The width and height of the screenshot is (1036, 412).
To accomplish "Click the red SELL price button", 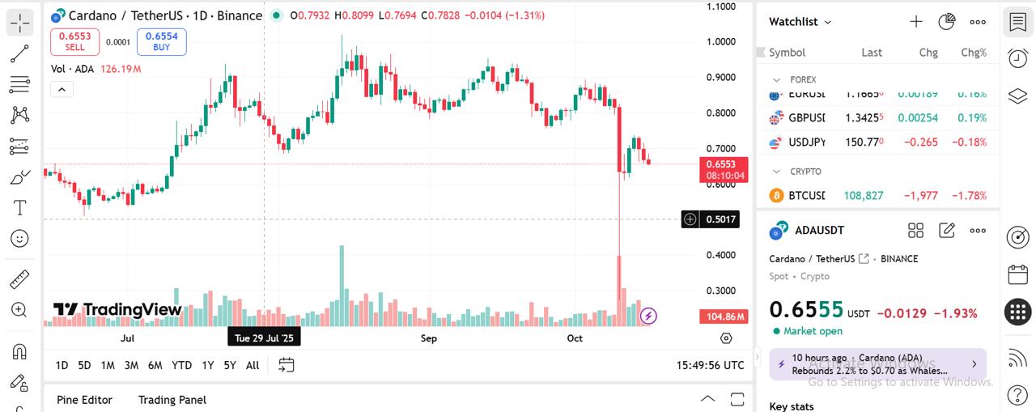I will [74, 41].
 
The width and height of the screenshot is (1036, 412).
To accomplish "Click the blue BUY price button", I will [161, 41].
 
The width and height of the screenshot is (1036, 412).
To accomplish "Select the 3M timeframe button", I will [131, 365].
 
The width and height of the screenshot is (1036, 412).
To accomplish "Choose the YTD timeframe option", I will [181, 365].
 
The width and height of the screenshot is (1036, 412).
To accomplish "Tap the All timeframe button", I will [253, 365].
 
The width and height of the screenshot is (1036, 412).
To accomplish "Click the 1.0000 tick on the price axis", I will [720, 42].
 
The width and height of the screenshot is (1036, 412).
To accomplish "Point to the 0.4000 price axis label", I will [720, 255].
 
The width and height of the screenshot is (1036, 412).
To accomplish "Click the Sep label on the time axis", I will [429, 338].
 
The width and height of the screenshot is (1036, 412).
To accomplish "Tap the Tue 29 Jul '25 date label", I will [264, 338].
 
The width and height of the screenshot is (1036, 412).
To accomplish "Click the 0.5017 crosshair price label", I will [720, 219].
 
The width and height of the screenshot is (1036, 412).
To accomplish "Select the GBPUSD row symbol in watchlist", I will [806, 118].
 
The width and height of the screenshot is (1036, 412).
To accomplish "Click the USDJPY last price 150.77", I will [864, 142].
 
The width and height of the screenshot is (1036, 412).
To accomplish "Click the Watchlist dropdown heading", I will [800, 22].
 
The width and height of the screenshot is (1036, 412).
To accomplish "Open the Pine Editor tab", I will [84, 400].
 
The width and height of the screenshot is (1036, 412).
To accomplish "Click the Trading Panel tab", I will [172, 400].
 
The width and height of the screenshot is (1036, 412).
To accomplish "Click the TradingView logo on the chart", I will [117, 309].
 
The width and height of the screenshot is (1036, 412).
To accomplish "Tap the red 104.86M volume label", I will [723, 316].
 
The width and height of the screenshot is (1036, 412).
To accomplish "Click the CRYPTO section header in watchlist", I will [805, 172].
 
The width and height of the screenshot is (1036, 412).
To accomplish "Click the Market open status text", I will [813, 331].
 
